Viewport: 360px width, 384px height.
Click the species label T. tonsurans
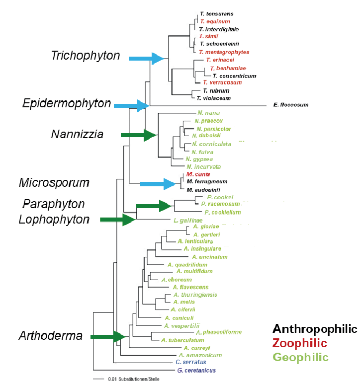[216, 14]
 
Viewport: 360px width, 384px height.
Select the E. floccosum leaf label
[291, 105]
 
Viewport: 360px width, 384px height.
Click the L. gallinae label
[187, 220]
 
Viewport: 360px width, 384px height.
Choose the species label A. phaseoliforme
[219, 332]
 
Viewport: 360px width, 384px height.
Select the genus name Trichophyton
[86, 56]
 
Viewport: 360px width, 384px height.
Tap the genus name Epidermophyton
[67, 103]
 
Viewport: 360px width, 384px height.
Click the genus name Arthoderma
[50, 336]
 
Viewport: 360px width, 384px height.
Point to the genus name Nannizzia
[77, 134]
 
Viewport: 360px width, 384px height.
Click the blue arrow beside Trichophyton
[146, 59]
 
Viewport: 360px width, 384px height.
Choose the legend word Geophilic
[300, 357]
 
